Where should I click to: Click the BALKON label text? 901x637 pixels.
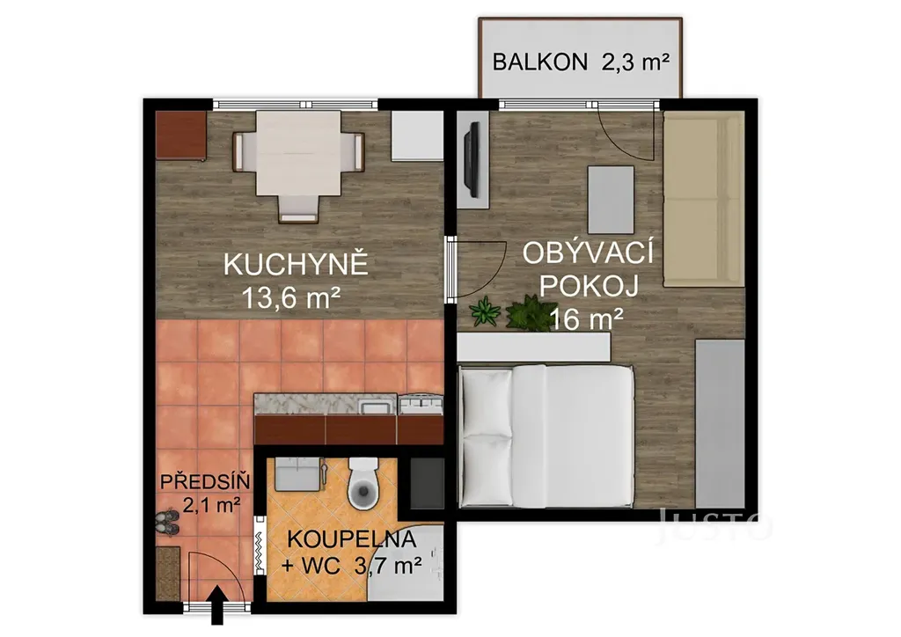pos(539,62)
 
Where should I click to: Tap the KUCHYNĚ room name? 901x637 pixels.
pos(296,266)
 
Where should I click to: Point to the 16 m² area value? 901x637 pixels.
pos(586,318)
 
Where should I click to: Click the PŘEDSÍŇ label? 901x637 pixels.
pos(204,481)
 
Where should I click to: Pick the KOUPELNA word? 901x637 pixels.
pos(351,538)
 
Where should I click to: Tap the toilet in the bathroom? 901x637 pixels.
pos(363,483)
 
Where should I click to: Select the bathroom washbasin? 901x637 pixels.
pos(300,474)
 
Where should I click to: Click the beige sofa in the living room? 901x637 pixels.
pos(703,199)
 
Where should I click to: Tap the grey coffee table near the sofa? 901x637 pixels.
pos(611,199)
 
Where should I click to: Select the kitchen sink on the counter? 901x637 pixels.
pos(377,406)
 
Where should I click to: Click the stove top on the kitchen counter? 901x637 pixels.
pos(421,405)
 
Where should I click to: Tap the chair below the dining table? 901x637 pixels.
pos(297,209)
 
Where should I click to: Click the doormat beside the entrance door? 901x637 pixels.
pos(168,574)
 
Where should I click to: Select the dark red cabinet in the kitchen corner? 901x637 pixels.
pos(181,135)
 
